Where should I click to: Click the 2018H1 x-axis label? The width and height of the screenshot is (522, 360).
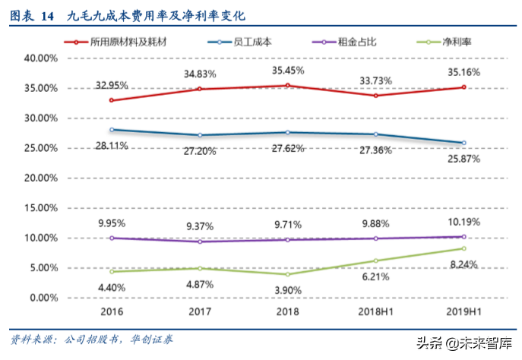tap(373, 311)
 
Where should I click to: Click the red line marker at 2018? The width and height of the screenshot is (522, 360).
tap(286, 86)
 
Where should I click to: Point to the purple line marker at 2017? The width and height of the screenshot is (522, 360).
tap(200, 242)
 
